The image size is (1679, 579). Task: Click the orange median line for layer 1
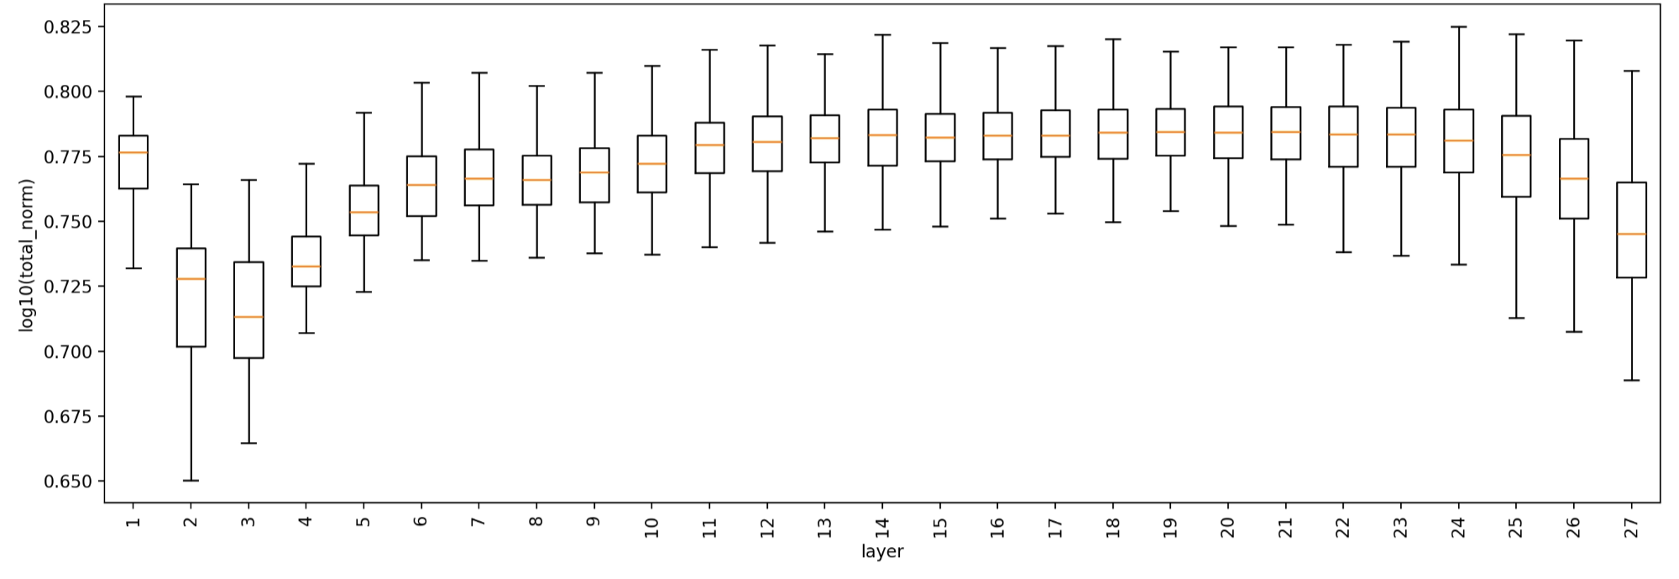133,152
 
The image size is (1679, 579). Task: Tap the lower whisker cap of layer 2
191,480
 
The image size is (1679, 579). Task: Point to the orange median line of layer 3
248,317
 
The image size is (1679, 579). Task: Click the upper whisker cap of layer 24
1458,27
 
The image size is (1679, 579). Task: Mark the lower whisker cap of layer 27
1631,381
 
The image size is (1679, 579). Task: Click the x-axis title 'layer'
882,552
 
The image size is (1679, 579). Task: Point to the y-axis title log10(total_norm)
27,255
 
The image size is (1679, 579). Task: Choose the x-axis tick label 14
882,527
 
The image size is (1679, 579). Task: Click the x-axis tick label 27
1631,527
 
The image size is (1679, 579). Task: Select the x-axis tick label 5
364,522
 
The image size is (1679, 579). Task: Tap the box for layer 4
306,261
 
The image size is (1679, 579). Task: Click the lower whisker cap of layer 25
1516,318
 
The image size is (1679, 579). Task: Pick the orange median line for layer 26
1573,178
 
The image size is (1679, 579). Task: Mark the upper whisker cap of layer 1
133,97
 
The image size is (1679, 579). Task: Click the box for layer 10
651,164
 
